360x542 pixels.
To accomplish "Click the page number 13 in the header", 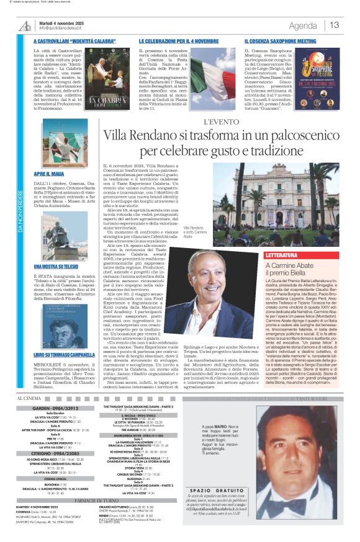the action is (335, 25).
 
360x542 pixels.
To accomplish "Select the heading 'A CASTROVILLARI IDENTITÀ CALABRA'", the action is (74, 41).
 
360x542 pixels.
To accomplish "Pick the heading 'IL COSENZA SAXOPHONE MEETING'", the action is (281, 41).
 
